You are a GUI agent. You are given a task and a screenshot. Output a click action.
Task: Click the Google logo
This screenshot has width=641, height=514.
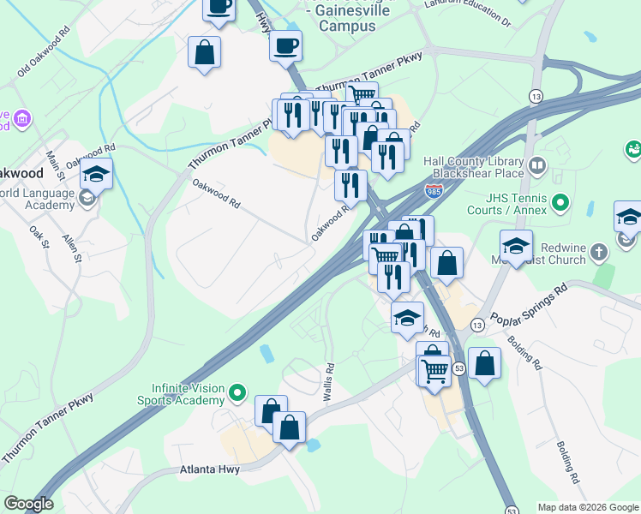[x=28, y=504]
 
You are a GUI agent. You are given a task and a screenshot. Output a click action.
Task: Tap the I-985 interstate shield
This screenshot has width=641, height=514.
[x=436, y=189]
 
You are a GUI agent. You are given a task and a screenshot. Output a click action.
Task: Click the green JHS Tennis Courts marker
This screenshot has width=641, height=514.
[x=560, y=203]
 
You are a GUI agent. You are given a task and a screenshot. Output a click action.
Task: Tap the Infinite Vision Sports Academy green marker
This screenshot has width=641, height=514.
[x=238, y=394]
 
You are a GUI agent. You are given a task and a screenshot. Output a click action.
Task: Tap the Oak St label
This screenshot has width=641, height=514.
[x=35, y=232]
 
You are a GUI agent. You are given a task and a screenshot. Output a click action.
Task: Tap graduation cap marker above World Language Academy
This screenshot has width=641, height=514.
[x=97, y=175]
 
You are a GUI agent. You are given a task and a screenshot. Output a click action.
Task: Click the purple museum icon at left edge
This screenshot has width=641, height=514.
[x=21, y=117]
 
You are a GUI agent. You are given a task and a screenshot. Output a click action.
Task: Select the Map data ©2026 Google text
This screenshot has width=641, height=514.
[x=587, y=507]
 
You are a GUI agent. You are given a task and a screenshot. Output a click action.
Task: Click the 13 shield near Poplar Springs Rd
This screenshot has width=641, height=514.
[x=476, y=325]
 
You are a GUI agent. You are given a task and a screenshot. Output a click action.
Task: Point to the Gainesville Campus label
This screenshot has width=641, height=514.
[x=347, y=18]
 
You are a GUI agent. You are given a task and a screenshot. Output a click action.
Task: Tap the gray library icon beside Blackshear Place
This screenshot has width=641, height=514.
[x=537, y=164]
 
